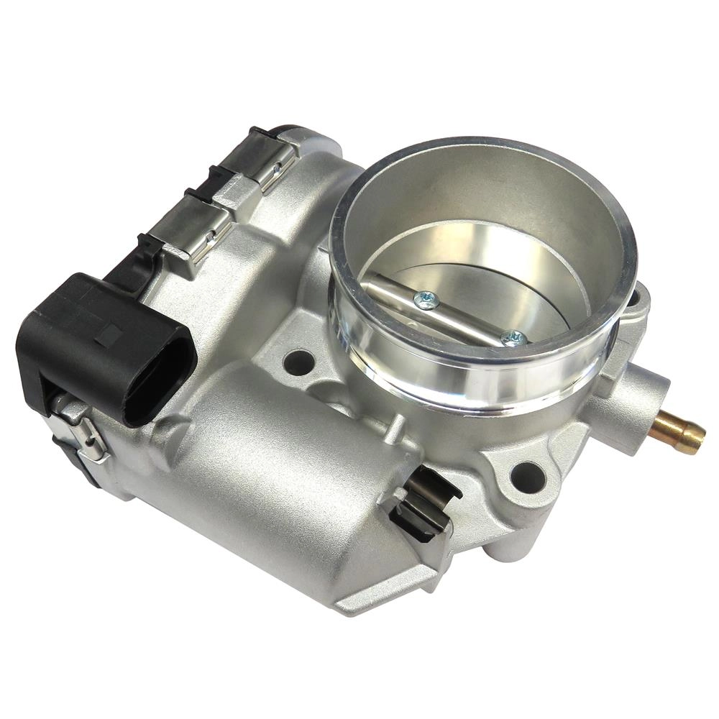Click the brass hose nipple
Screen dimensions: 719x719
[x=679, y=431]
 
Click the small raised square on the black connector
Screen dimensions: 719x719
[x=109, y=335]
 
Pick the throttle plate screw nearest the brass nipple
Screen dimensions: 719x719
[x=513, y=339]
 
